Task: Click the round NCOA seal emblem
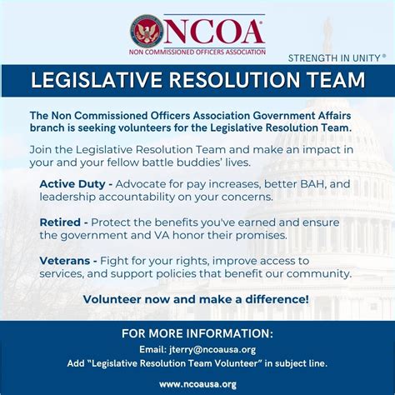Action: pyautogui.click(x=147, y=31)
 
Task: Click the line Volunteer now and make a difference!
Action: pyautogui.click(x=196, y=299)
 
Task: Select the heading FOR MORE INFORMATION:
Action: pyautogui.click(x=197, y=334)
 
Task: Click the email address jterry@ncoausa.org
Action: pyautogui.click(x=221, y=350)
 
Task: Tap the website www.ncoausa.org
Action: pyautogui.click(x=197, y=384)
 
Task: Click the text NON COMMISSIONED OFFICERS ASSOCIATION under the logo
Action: pyautogui.click(x=198, y=52)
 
